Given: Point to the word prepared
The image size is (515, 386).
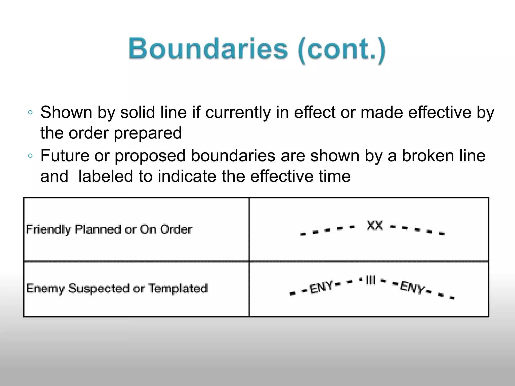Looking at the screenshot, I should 148,133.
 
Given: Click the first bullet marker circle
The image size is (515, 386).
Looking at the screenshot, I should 30,113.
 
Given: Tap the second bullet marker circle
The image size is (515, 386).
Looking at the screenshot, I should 30,156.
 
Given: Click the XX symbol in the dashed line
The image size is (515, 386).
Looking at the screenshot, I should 374,225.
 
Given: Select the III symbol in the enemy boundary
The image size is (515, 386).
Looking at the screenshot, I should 370,280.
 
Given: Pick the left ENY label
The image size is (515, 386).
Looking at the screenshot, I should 321,287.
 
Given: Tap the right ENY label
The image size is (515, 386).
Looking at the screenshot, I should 412,287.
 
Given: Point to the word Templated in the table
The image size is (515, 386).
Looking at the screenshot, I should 178,288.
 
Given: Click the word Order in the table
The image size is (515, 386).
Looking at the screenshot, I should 176,229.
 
